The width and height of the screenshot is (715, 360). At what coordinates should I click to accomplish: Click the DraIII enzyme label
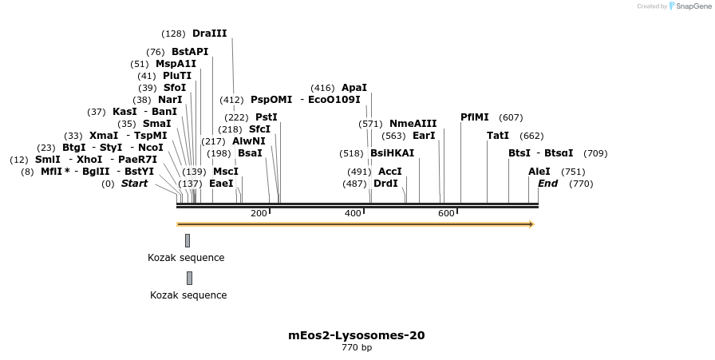(x=209, y=34)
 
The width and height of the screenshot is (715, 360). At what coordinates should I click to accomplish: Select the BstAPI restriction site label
(x=189, y=52)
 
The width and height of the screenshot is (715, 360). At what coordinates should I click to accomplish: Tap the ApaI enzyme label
(x=354, y=88)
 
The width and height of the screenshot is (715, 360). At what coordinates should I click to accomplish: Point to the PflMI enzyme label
(x=475, y=117)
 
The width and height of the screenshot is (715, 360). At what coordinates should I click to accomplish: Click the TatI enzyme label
(x=497, y=136)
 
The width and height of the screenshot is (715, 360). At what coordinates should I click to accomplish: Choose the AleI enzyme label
(x=539, y=172)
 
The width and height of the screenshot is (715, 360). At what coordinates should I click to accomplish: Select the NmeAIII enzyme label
(x=413, y=124)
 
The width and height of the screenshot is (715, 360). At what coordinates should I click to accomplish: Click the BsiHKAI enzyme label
(x=392, y=153)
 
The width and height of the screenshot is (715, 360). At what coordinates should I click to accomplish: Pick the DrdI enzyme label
(x=385, y=184)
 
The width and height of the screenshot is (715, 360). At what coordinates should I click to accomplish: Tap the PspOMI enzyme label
(x=271, y=100)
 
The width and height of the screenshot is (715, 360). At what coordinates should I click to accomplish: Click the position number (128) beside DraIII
(x=173, y=34)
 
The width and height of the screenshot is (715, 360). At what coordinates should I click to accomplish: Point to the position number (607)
(x=511, y=117)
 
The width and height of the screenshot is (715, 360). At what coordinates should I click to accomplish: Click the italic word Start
(x=134, y=184)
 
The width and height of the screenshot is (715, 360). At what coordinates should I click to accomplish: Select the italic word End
(x=547, y=184)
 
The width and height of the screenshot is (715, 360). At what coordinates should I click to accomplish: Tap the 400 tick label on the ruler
(x=353, y=213)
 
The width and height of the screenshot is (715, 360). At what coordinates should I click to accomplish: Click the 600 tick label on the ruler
(x=446, y=213)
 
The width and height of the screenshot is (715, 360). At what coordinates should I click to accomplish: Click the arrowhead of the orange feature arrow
(x=531, y=224)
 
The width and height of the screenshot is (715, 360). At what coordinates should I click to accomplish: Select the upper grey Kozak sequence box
(x=188, y=240)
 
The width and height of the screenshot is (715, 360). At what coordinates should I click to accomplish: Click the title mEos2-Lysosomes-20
(x=356, y=335)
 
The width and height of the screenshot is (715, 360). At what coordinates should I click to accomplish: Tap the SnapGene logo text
(x=689, y=6)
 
